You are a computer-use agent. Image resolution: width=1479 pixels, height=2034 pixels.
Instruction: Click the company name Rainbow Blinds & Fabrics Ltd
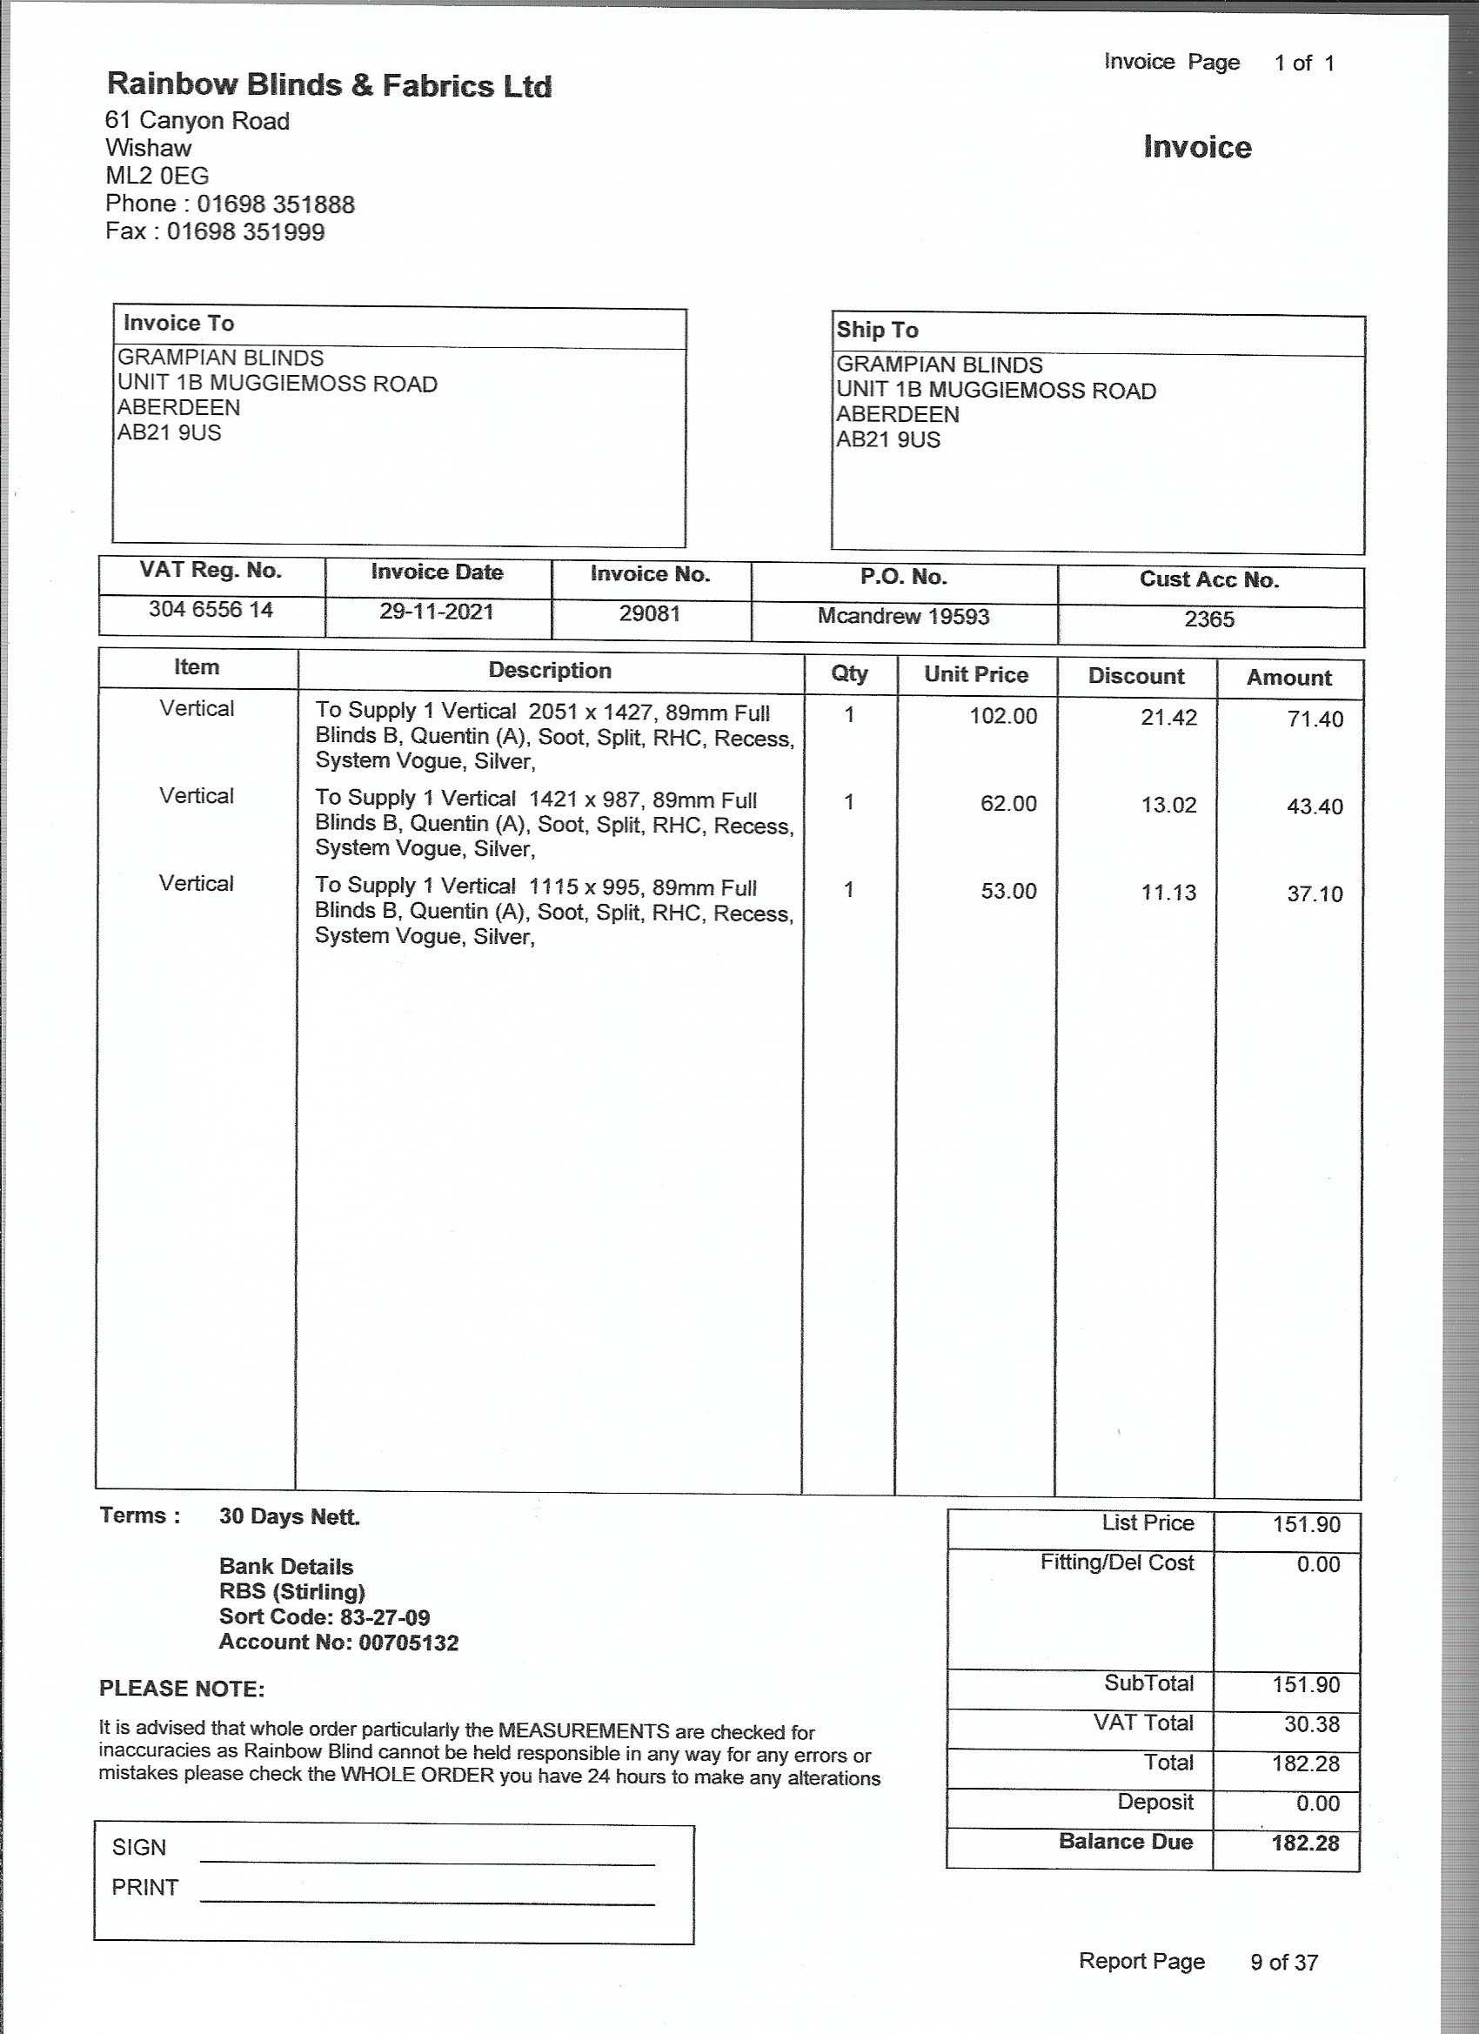(x=329, y=85)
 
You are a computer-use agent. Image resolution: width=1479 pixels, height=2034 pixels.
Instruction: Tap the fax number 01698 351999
(x=245, y=232)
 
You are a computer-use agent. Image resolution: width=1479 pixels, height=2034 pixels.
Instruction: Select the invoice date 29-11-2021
(x=437, y=612)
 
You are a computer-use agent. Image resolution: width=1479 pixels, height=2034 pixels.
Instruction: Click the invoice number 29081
(x=649, y=614)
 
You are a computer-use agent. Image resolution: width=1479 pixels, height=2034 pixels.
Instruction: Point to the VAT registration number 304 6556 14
(x=211, y=610)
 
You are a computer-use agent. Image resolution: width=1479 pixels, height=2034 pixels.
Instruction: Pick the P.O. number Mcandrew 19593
(x=903, y=617)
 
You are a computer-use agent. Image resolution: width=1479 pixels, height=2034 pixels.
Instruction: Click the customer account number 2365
(x=1209, y=619)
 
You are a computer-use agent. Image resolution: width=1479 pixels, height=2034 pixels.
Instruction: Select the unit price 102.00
(x=1003, y=717)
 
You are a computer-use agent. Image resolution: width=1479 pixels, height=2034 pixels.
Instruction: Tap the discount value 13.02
(x=1168, y=806)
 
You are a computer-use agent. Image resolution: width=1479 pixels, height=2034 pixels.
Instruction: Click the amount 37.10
(x=1315, y=894)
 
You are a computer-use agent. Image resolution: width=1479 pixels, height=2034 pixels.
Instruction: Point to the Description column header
(x=550, y=671)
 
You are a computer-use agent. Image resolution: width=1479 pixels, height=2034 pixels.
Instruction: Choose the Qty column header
(x=849, y=673)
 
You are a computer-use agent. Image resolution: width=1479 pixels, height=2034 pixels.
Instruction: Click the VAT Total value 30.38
(x=1311, y=1724)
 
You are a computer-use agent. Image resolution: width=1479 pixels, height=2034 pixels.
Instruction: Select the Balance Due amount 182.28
(x=1305, y=1843)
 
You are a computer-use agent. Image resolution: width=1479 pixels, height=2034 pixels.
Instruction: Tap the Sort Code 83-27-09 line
(x=324, y=1618)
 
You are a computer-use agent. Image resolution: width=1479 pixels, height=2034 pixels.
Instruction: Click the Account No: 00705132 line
(x=338, y=1643)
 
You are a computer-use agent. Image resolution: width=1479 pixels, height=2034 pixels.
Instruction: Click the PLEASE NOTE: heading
(x=182, y=1689)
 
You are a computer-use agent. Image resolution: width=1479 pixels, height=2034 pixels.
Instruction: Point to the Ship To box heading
(x=877, y=330)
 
